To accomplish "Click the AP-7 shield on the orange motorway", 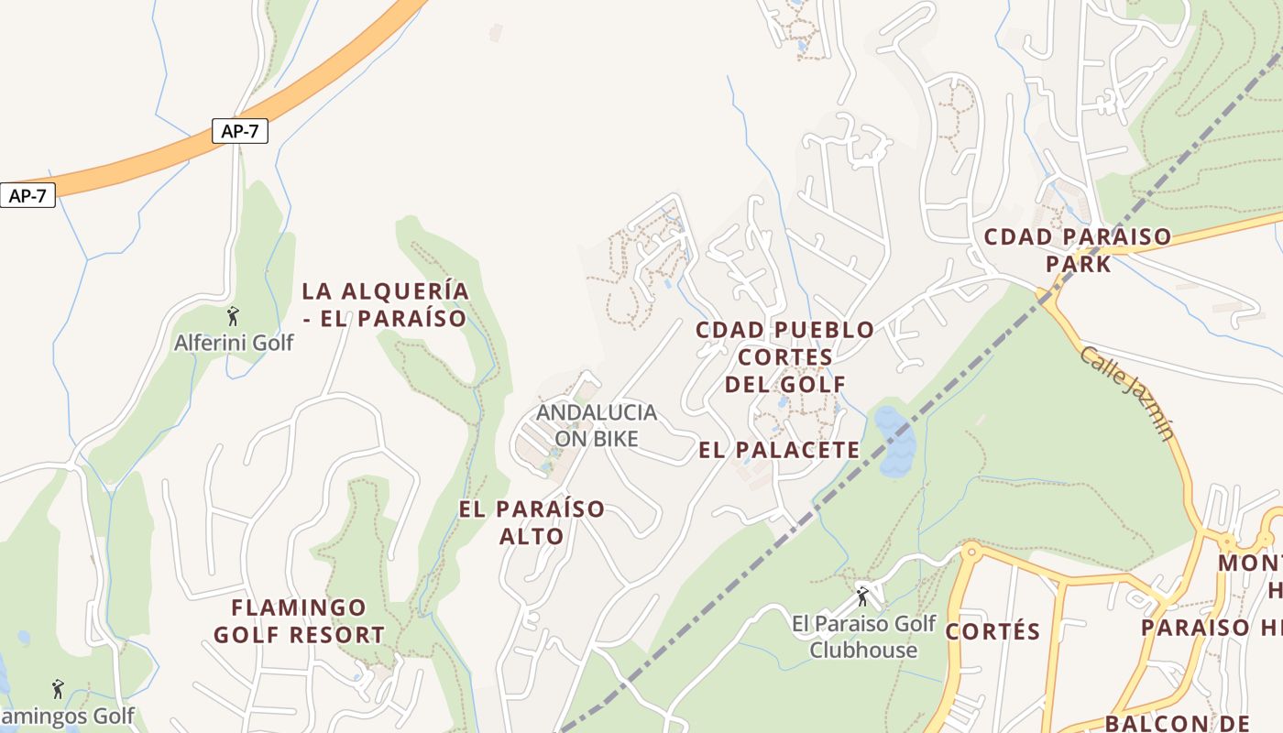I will point(239,131).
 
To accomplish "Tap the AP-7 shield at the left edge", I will point(27,195).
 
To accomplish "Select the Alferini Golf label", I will point(234,343).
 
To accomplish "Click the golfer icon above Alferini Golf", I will point(233,316).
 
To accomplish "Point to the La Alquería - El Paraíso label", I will point(385,304).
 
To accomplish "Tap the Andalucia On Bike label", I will point(597,425).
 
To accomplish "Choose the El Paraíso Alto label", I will point(532,522).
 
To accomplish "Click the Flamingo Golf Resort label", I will point(299,620).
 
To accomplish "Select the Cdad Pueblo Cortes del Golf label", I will point(784,356).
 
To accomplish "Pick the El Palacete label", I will point(779,450).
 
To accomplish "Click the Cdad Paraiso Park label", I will point(1077,250).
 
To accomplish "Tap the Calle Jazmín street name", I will point(1126,392).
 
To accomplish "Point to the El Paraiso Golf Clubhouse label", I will point(863,637).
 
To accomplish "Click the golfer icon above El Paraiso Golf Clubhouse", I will point(861,596).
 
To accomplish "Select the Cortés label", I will point(992,631).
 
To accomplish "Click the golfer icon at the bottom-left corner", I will point(59,688).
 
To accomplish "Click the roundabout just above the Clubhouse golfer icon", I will point(970,551).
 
